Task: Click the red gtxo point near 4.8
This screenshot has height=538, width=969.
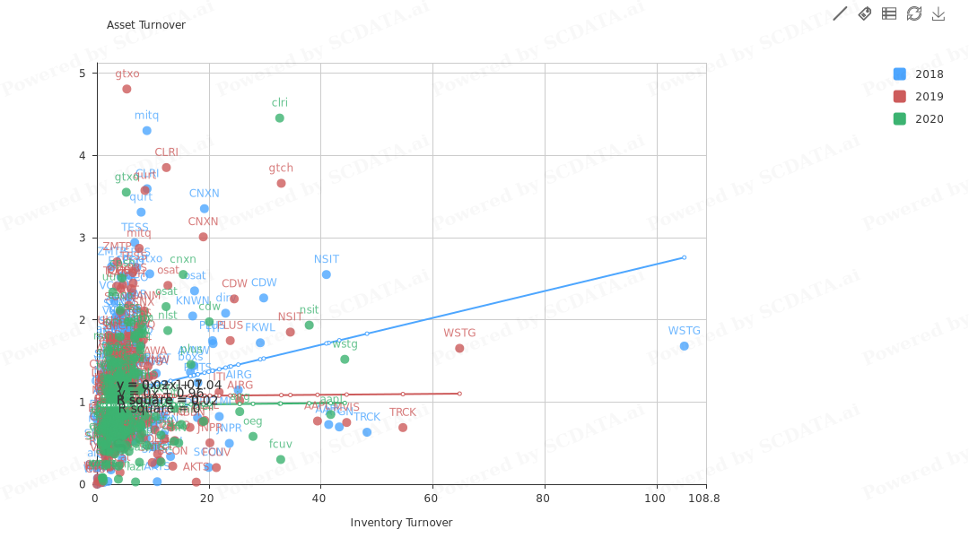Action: point(127,89)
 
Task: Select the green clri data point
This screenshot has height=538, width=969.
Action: point(280,118)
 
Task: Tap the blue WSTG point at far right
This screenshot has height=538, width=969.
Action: point(684,346)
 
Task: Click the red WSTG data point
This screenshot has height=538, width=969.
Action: point(459,348)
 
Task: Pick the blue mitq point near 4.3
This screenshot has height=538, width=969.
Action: point(147,131)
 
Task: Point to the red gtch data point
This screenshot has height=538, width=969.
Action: point(281,184)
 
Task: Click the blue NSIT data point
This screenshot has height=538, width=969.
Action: point(327,274)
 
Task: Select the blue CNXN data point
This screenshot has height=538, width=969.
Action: point(205,209)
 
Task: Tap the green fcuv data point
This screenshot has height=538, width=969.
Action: point(281,460)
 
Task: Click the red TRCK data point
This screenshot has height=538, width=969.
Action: point(403,428)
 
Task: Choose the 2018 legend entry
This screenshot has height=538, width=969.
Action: point(918,74)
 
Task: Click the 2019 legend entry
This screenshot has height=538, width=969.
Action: point(918,97)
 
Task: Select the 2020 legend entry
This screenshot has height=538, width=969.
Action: point(918,119)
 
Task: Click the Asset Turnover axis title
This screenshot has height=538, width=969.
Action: point(146,25)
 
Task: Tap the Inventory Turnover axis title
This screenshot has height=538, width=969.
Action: point(401,523)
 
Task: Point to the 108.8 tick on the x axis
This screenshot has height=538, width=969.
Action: point(703,499)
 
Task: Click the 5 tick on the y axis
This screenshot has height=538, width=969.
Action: point(83,73)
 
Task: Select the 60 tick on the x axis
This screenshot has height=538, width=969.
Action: point(431,499)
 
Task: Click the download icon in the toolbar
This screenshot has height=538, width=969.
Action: point(938,13)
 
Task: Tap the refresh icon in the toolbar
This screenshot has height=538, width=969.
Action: point(914,13)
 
